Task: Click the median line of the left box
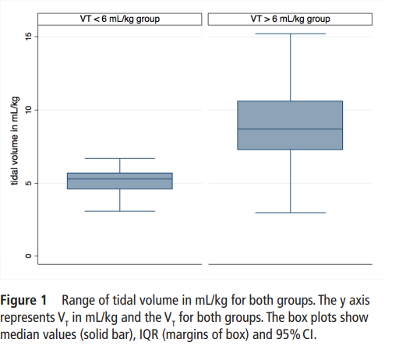tap(120, 179)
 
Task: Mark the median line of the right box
tap(290, 129)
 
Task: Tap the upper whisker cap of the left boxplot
tap(120, 158)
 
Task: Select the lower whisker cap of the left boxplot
tap(120, 211)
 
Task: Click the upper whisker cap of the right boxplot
tap(290, 34)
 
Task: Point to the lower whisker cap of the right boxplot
tap(290, 213)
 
